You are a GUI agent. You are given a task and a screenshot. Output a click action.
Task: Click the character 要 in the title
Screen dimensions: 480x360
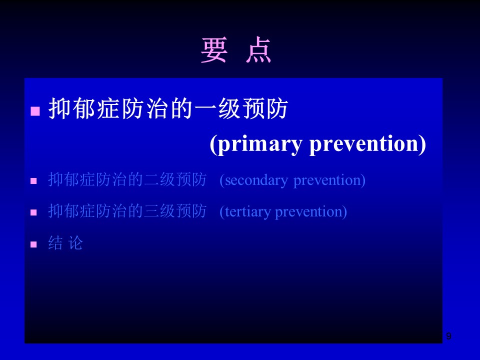pyautogui.click(x=214, y=50)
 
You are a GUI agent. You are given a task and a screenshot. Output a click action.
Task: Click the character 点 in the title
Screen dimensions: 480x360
pyautogui.click(x=258, y=50)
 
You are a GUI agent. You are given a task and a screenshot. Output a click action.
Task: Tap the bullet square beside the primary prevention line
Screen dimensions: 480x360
pyautogui.click(x=35, y=111)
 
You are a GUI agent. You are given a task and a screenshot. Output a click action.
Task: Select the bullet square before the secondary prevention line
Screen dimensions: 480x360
pyautogui.click(x=33, y=181)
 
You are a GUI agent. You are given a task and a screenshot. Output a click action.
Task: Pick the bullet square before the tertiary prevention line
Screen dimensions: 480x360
pyautogui.click(x=33, y=212)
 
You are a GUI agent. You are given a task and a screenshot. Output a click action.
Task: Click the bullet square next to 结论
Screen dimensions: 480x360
pyautogui.click(x=33, y=244)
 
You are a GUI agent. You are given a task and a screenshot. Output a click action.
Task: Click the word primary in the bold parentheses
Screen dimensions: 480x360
pyautogui.click(x=260, y=144)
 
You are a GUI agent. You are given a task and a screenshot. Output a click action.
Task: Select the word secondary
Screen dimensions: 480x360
pyautogui.click(x=256, y=180)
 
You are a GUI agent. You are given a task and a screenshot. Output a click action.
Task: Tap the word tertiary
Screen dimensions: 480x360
pyautogui.click(x=248, y=212)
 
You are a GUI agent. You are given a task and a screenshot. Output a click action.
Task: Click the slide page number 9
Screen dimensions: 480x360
pyautogui.click(x=448, y=336)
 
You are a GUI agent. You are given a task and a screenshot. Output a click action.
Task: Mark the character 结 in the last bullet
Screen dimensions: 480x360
pyautogui.click(x=55, y=243)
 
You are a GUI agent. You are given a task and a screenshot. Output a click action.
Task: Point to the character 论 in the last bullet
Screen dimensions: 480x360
pyautogui.click(x=75, y=243)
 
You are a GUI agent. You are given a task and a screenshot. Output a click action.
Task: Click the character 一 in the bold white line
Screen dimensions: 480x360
pyautogui.click(x=205, y=109)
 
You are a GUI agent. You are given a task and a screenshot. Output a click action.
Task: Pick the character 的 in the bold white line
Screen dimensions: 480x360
pyautogui.click(x=181, y=108)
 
